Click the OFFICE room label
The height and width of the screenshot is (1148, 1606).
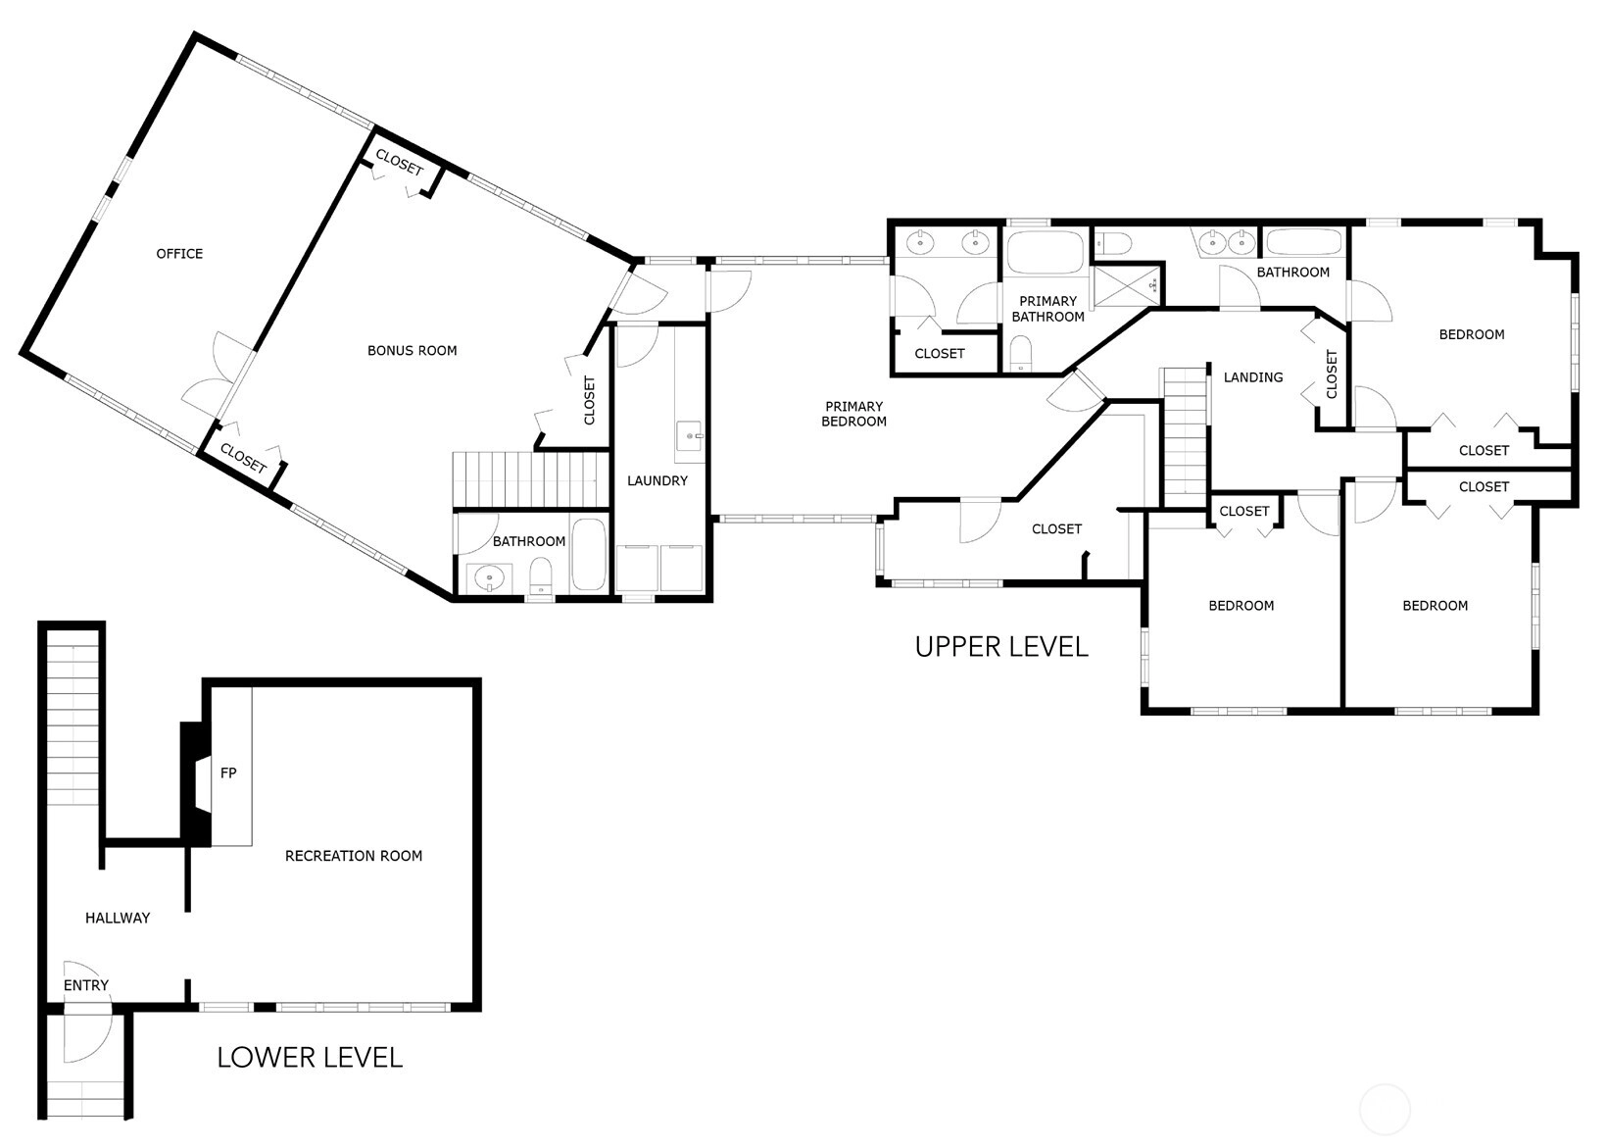[179, 253]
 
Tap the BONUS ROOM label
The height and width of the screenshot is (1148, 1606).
[413, 350]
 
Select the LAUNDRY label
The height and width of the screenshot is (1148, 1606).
[657, 480]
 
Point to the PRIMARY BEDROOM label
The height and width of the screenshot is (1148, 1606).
[853, 414]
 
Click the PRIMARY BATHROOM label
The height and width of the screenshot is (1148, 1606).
[1048, 309]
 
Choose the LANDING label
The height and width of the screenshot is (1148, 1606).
[1253, 377]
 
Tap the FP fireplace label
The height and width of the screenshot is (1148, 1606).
[228, 773]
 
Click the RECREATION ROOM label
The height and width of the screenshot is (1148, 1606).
[354, 855]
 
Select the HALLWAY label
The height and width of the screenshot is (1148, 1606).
[118, 918]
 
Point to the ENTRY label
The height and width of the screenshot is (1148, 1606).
[86, 985]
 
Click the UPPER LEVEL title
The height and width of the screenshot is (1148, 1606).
[1001, 646]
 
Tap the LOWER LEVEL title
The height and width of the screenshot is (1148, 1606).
[310, 1057]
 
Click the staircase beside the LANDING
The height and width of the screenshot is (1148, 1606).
[1185, 437]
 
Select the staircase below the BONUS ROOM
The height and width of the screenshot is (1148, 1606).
[530, 479]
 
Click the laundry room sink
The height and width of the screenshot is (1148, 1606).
[690, 436]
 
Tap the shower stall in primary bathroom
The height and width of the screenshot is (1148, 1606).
[1125, 285]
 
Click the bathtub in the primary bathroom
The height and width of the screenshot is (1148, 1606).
[1046, 252]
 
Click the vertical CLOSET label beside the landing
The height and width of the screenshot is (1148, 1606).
[1332, 374]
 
